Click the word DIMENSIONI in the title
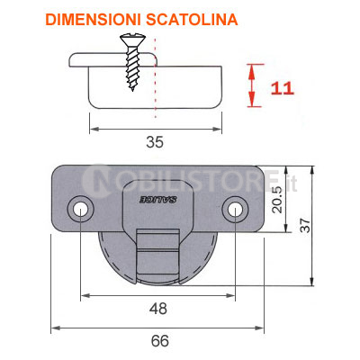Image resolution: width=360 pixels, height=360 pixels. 94,20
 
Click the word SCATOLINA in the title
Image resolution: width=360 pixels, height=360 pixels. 192,20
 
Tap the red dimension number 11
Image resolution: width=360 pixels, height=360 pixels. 282,88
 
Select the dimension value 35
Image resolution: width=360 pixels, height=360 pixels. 155,142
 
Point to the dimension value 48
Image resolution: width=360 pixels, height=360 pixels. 158,309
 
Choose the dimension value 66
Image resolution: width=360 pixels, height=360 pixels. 160,341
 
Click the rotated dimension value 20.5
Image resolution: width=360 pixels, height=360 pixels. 278,200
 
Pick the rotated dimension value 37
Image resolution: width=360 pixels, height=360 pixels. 305,225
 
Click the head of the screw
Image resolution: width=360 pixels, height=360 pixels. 132,39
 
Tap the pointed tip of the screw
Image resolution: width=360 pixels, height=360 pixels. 132,89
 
